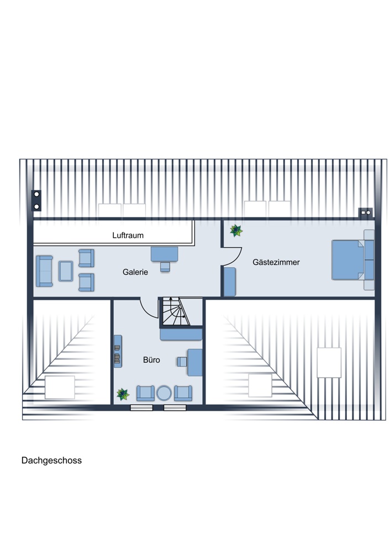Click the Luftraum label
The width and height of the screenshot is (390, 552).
click(128, 235)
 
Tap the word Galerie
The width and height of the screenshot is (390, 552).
click(135, 272)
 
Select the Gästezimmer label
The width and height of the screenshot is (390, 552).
click(276, 262)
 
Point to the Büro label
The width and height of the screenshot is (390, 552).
click(151, 360)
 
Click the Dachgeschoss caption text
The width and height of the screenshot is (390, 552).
click(51, 460)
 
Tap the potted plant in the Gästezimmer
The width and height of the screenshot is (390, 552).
click(236, 231)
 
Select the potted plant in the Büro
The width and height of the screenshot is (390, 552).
click(123, 394)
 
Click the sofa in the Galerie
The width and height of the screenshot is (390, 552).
click(44, 270)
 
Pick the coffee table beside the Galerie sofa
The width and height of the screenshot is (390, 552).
click(66, 271)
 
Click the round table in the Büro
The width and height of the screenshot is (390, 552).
click(164, 393)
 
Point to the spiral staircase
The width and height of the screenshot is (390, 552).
click(176, 311)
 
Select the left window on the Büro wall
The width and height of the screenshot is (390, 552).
click(141, 408)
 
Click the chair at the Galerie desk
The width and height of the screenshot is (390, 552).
click(165, 267)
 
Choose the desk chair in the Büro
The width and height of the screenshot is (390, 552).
click(182, 362)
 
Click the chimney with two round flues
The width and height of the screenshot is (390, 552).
click(36, 200)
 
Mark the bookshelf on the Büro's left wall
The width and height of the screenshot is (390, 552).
click(118, 351)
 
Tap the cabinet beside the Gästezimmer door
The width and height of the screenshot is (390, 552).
click(230, 282)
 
